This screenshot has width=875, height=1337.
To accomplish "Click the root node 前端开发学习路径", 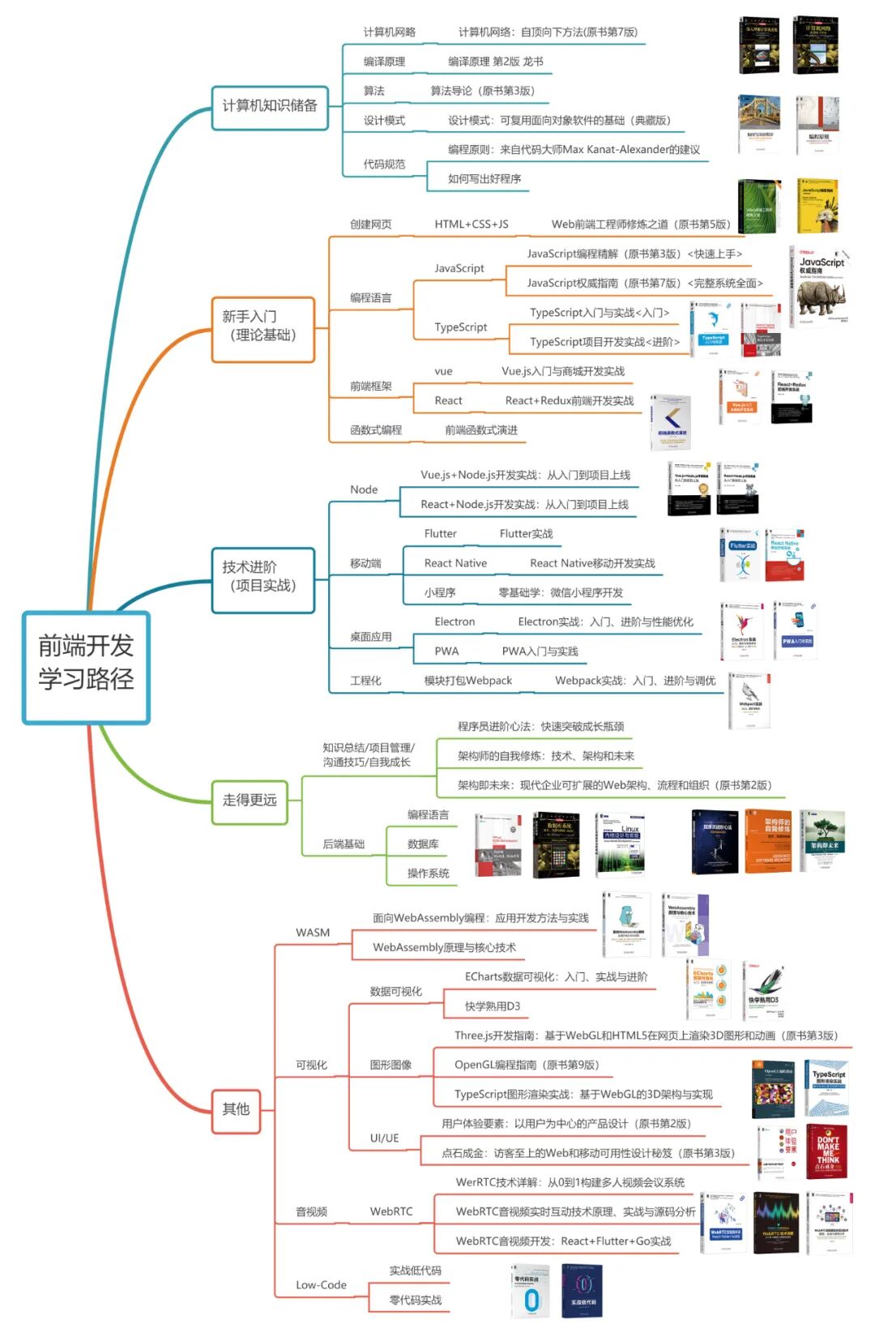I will [x=86, y=667].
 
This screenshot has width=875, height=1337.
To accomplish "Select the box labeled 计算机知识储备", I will [x=270, y=107].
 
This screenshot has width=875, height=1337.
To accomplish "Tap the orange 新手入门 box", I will [x=262, y=326].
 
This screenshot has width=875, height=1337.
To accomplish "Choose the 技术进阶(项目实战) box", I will [x=262, y=576].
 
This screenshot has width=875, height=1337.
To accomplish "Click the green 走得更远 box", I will [x=250, y=801].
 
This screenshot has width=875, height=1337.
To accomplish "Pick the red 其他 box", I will [x=237, y=1109].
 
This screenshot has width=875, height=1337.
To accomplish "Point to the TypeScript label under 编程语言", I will [x=460, y=327].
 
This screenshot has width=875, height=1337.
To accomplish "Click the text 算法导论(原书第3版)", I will [x=482, y=91].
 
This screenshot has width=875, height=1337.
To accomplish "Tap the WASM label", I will [x=313, y=933].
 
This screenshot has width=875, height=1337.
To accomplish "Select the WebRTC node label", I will [x=391, y=1211].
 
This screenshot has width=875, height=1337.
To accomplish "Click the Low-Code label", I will [x=321, y=1285].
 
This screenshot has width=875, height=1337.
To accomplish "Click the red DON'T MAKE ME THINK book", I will [x=826, y=1151].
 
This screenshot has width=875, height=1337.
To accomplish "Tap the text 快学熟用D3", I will [x=493, y=1006].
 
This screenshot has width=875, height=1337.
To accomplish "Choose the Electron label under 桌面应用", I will [x=455, y=622].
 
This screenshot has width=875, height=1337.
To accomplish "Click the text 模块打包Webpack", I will [x=467, y=681].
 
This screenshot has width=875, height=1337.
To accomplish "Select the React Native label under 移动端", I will [x=455, y=563].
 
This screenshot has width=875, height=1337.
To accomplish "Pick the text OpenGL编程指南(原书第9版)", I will [x=527, y=1065].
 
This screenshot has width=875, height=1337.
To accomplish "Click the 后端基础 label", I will [x=344, y=844].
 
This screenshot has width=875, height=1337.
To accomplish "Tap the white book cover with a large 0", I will [x=531, y=1292].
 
